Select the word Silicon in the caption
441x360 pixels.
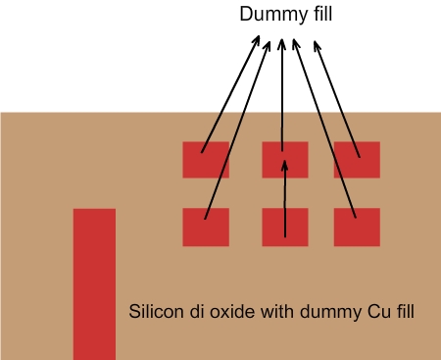click(x=154, y=313)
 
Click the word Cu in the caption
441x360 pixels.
click(x=376, y=313)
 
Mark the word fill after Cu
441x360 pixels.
click(x=404, y=313)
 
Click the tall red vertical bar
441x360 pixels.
click(x=94, y=284)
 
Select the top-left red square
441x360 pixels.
click(x=206, y=160)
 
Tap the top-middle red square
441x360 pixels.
click(x=284, y=160)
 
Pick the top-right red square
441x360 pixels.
click(x=357, y=160)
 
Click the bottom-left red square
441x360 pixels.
click(x=206, y=227)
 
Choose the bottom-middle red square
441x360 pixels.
click(x=284, y=227)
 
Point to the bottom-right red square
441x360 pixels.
click(x=357, y=227)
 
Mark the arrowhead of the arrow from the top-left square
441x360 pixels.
click(x=259, y=41)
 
